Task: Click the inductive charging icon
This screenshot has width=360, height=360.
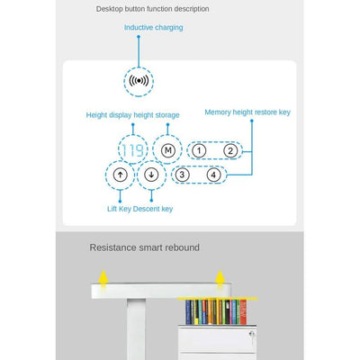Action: tap(139, 81)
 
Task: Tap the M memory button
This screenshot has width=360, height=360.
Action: tap(168, 150)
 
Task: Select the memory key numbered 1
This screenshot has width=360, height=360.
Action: tap(199, 150)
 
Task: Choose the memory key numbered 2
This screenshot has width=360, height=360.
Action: tap(230, 150)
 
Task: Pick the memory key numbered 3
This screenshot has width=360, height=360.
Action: tap(182, 175)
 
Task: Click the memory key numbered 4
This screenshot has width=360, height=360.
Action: tap(213, 175)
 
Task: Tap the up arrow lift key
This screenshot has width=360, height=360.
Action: tap(121, 175)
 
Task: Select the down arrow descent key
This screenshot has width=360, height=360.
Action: tap(151, 175)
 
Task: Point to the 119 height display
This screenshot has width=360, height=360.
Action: tap(132, 150)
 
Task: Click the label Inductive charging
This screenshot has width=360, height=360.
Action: tap(154, 28)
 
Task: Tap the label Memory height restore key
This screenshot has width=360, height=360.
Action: tap(247, 112)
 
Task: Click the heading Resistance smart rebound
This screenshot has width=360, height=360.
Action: tap(145, 247)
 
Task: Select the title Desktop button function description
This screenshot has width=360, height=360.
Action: tap(153, 9)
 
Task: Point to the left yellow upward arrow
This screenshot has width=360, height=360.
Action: tap(103, 276)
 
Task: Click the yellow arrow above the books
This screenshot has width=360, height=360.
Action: tap(220, 276)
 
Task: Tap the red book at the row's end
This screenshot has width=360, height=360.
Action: tap(243, 312)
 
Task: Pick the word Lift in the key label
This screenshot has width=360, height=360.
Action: tap(112, 209)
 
